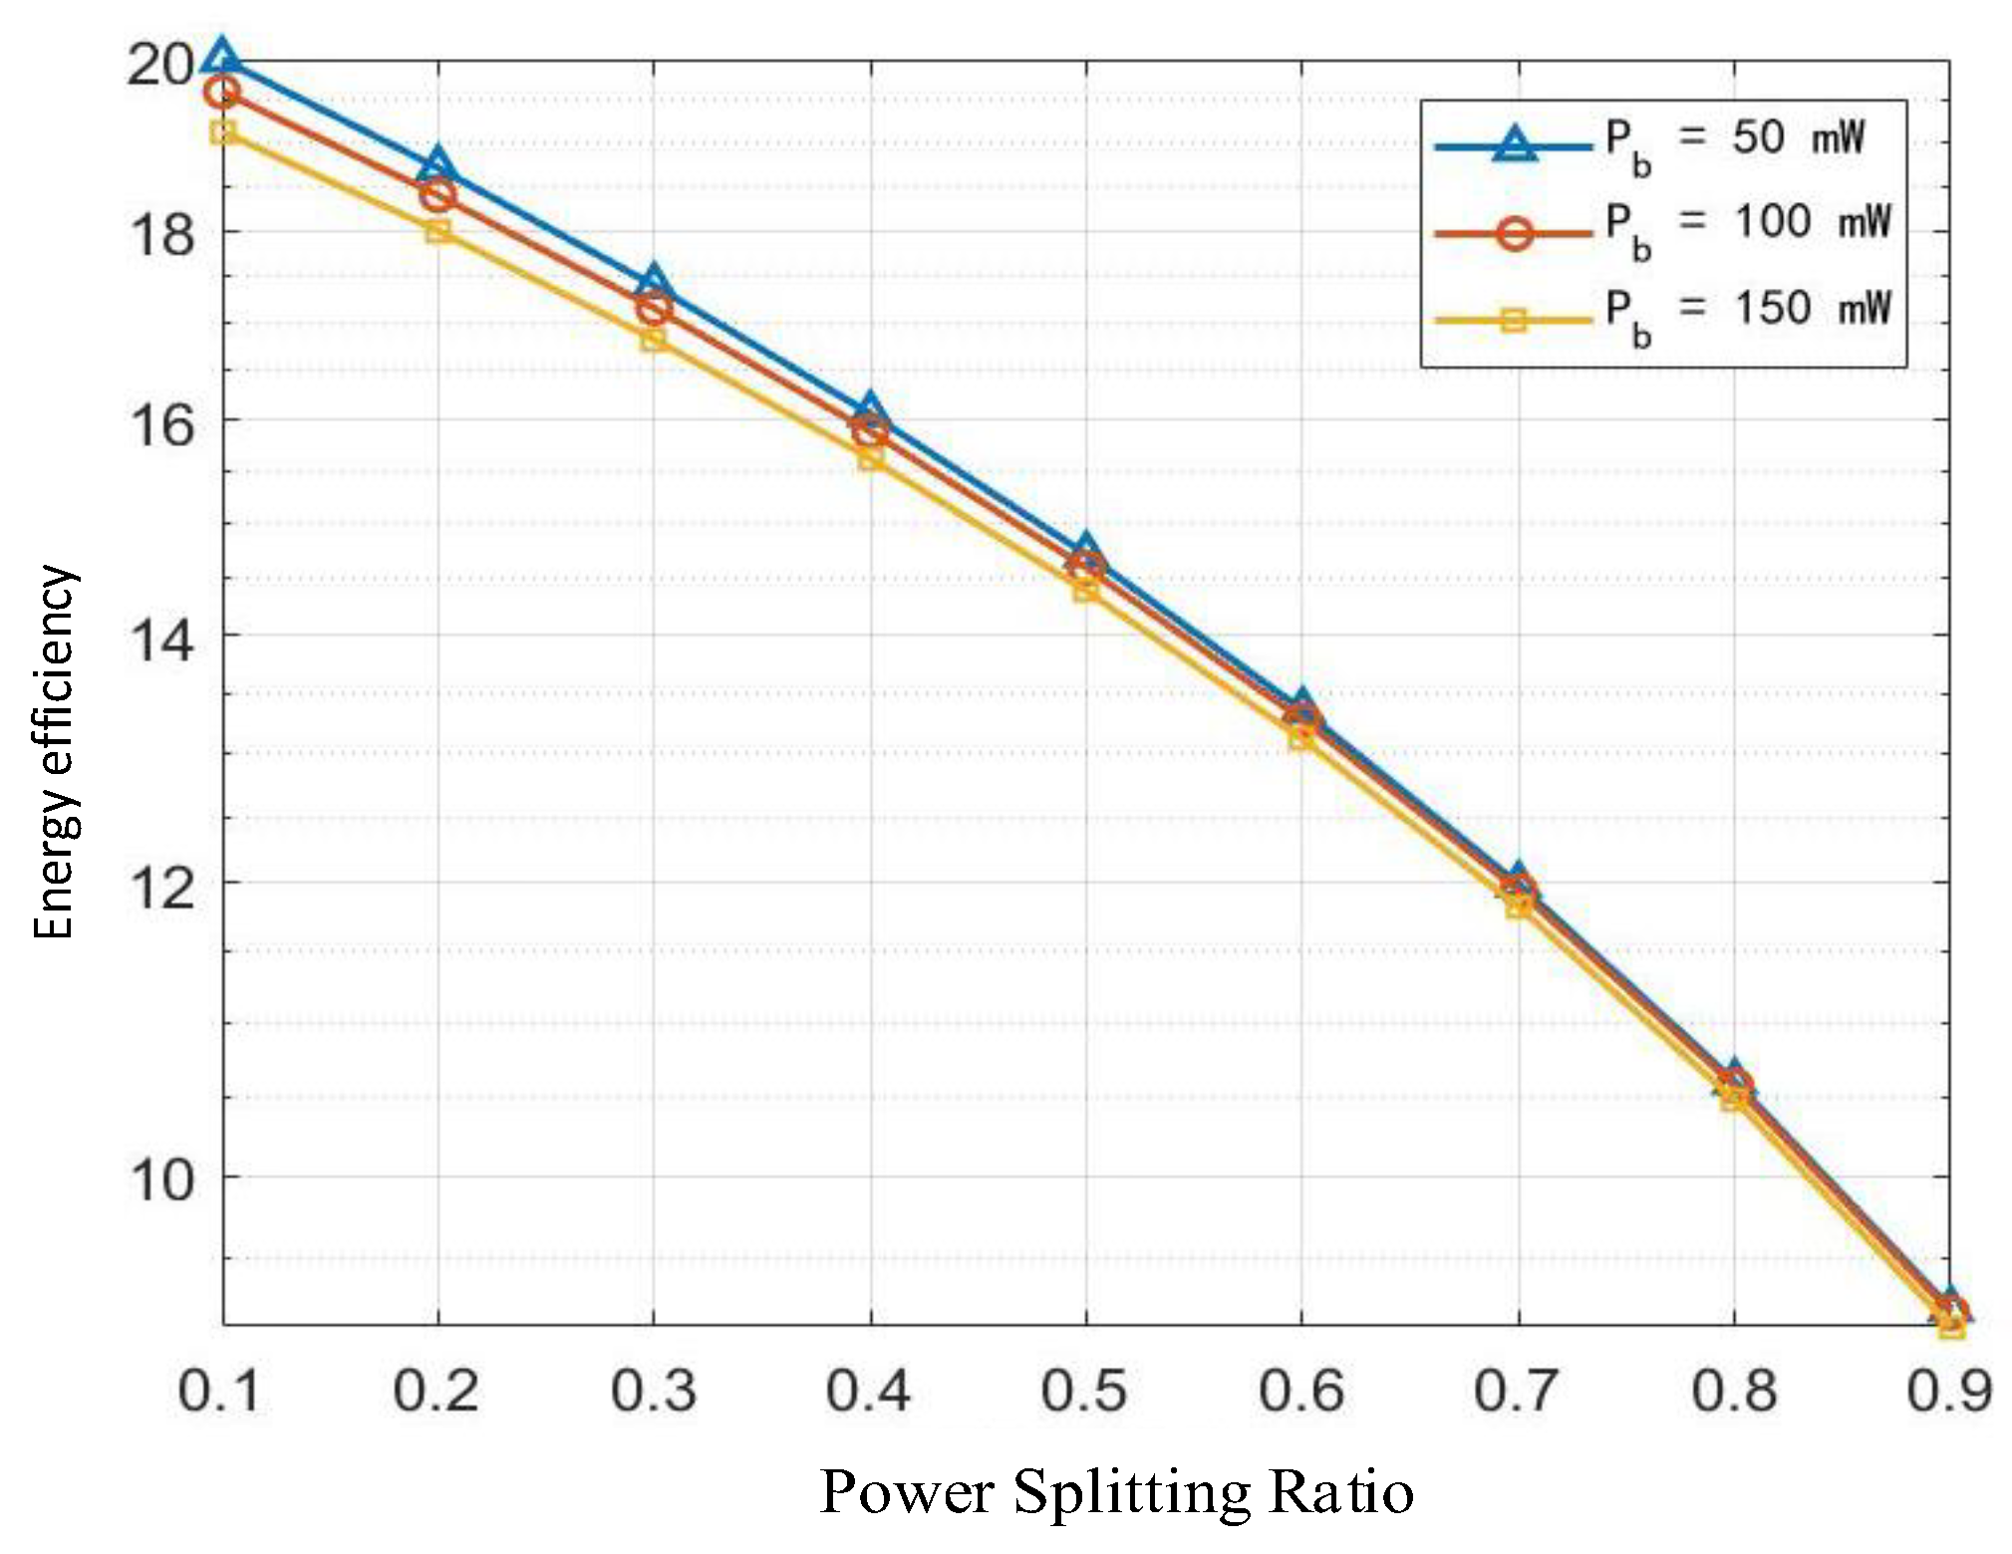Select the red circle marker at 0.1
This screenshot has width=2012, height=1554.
coord(221,93)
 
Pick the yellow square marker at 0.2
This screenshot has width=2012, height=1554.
coord(437,231)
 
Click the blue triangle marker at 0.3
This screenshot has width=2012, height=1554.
coord(654,282)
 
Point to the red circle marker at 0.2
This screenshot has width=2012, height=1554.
coord(437,195)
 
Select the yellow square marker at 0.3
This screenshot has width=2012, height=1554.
coord(654,339)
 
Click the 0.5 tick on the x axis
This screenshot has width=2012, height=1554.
coord(1084,1390)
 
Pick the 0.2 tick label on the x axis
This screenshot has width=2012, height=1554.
coord(435,1390)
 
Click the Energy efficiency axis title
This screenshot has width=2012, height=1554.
coord(55,752)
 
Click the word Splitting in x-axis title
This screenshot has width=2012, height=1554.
coord(1131,1492)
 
